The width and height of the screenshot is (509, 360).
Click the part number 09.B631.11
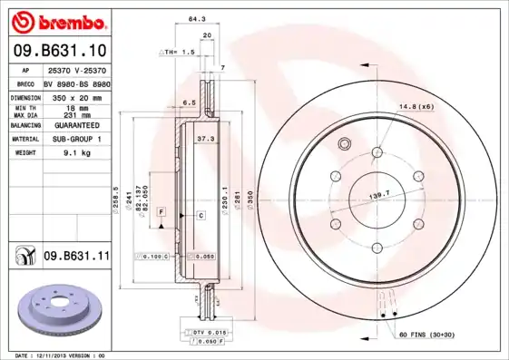pyautogui.click(x=76, y=258)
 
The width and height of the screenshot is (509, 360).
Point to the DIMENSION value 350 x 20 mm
pyautogui.click(x=75, y=95)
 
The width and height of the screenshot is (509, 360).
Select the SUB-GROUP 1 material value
pyautogui.click(x=75, y=139)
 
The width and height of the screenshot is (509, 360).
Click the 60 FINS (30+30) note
pyautogui.click(x=426, y=336)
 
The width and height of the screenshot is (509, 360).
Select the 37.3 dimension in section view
pyautogui.click(x=205, y=138)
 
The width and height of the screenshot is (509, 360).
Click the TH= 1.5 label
pyautogui.click(x=180, y=53)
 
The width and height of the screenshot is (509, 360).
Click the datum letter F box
pyautogui.click(x=161, y=211)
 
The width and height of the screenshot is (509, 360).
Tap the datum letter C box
pyautogui.click(x=201, y=215)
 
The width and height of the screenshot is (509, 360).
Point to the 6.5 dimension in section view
pyautogui.click(x=189, y=102)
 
